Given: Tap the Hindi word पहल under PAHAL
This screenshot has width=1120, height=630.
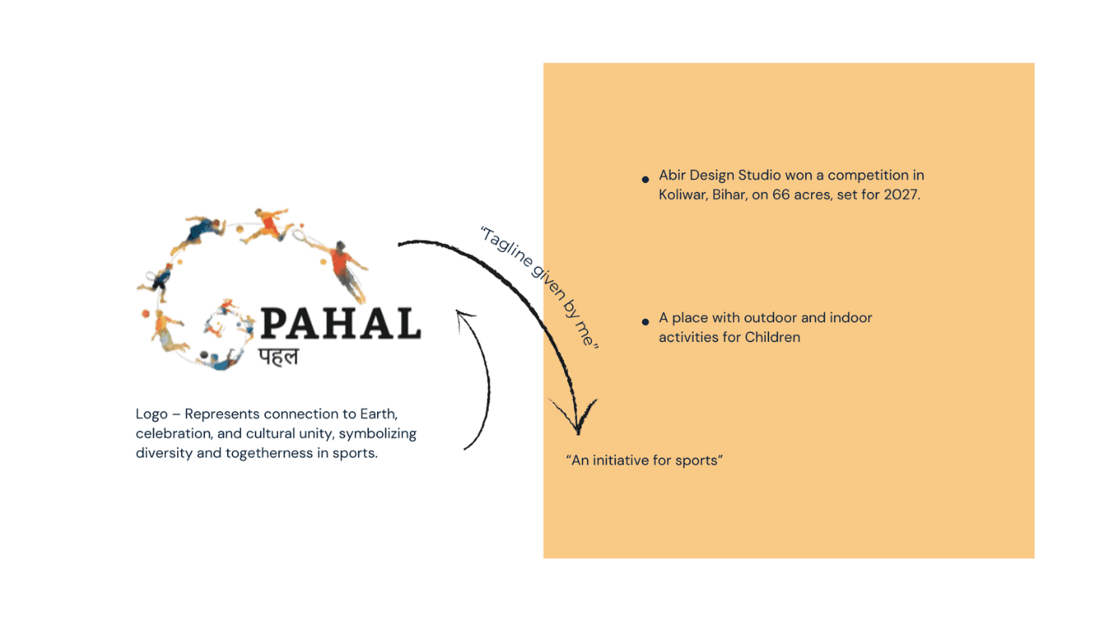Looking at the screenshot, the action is (x=279, y=357).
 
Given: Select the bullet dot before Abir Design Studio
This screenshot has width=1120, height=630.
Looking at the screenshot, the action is (x=645, y=178).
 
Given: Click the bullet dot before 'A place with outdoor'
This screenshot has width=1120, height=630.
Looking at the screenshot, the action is (x=645, y=322).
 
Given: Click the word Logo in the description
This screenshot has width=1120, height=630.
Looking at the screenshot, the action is (x=152, y=414).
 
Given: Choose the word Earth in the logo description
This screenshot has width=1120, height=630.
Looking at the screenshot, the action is (x=379, y=414).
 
